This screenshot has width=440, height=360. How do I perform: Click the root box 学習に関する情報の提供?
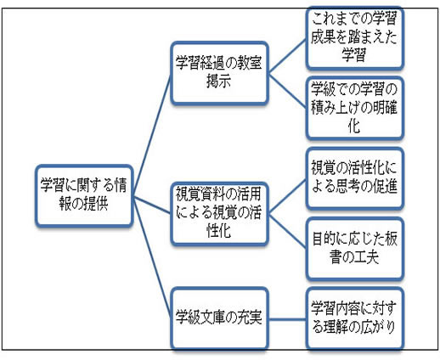(84, 195)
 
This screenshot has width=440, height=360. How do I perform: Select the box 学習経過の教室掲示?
(219, 73)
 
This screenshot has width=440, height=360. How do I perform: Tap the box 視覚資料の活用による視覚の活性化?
(219, 213)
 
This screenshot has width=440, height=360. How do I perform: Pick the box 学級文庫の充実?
(219, 318)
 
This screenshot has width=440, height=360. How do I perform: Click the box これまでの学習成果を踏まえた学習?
(354, 37)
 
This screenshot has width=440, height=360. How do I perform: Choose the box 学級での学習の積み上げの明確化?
(354, 108)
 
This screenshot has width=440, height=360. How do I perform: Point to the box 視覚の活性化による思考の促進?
(354, 178)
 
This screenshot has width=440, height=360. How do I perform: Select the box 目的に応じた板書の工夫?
(354, 248)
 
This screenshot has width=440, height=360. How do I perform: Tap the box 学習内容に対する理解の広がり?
(354, 318)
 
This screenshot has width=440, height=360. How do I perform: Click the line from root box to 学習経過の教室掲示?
(152, 134)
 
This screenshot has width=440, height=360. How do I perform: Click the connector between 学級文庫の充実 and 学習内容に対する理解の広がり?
(287, 319)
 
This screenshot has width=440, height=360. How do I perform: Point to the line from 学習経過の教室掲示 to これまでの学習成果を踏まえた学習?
(287, 57)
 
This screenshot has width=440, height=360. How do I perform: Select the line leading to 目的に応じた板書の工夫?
(287, 231)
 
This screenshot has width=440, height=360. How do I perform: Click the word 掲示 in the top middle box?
(218, 82)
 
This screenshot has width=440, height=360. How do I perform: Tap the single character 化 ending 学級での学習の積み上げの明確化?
(354, 126)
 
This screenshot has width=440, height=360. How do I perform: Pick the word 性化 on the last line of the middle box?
(218, 230)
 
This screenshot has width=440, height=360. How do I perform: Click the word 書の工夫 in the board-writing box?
(354, 257)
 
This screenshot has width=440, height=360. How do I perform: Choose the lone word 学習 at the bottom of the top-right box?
(354, 54)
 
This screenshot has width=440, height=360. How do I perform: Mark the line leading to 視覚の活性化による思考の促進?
(287, 196)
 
